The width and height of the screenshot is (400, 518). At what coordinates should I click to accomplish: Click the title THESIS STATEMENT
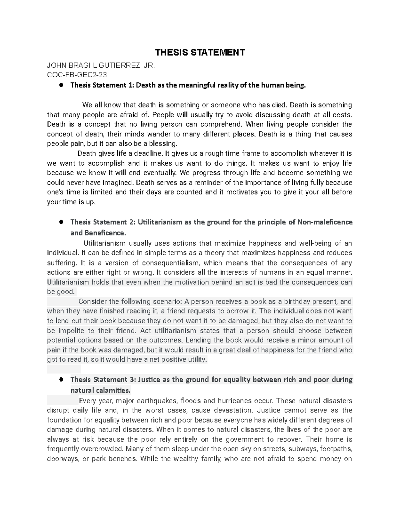click(200, 52)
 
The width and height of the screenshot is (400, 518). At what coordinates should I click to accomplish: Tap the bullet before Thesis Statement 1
click(61, 85)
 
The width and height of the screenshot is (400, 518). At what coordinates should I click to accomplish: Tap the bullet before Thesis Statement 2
click(61, 222)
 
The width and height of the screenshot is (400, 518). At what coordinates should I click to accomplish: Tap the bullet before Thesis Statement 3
click(61, 380)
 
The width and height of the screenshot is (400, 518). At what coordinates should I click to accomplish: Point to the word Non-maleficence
click(325, 222)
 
